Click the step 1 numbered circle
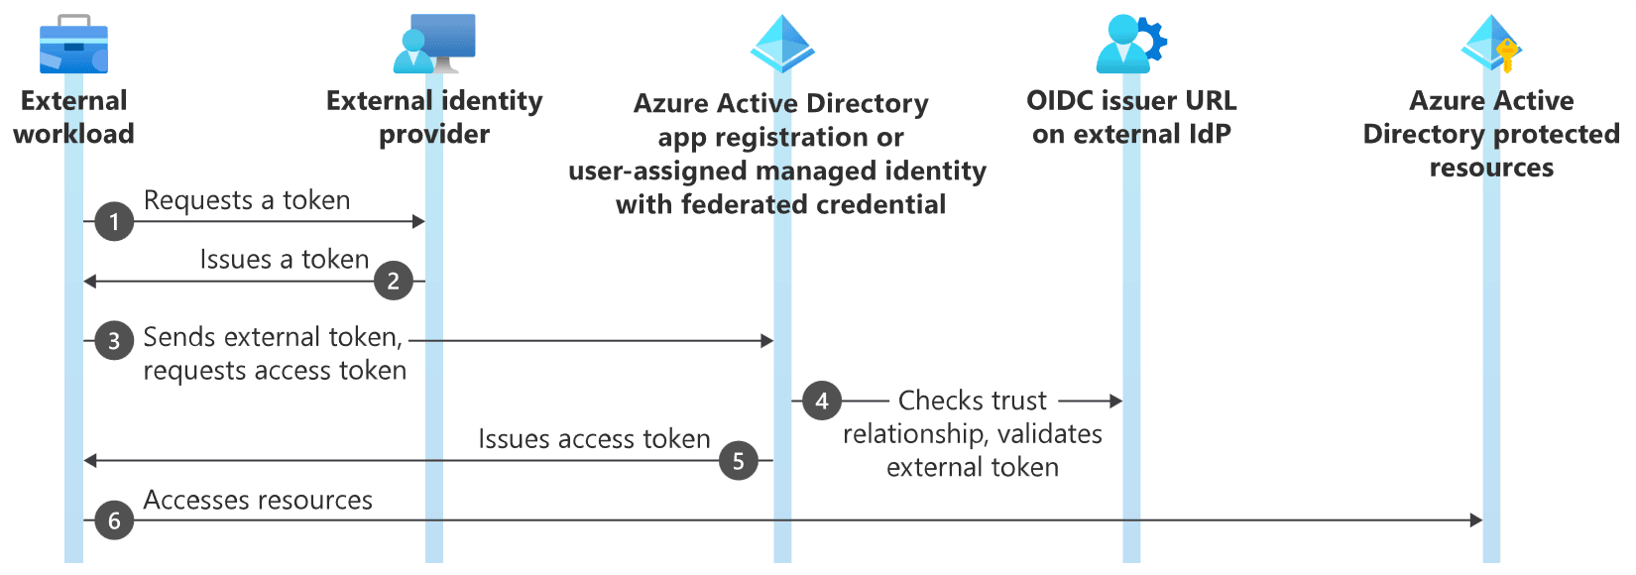pyautogui.click(x=114, y=221)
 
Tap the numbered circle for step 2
pyautogui.click(x=394, y=281)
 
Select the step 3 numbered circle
pyautogui.click(x=114, y=340)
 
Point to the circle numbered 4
pyautogui.click(x=822, y=401)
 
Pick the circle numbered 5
pyautogui.click(x=739, y=461)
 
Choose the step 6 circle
pyautogui.click(x=114, y=520)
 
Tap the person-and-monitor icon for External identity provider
pyautogui.click(x=434, y=43)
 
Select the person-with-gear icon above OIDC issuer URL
pyautogui.click(x=1131, y=44)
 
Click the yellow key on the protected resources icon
pyautogui.click(x=1507, y=56)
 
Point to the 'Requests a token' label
pyautogui.click(x=247, y=200)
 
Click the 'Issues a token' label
pyautogui.click(x=285, y=260)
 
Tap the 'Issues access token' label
pyautogui.click(x=595, y=439)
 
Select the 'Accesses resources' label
pyautogui.click(x=258, y=500)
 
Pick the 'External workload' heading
pyautogui.click(x=73, y=117)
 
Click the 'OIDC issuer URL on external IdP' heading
pyautogui.click(x=1131, y=117)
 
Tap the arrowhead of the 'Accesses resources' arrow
pyautogui.click(x=1476, y=520)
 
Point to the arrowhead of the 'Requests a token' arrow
pyautogui.click(x=418, y=221)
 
